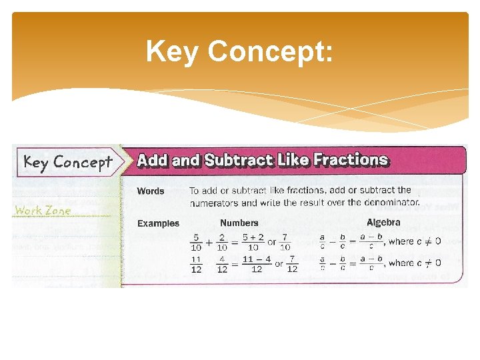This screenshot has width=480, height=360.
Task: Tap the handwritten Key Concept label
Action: [x=68, y=162]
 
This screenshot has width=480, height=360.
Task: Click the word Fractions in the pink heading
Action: [x=351, y=160]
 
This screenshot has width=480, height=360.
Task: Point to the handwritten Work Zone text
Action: [x=43, y=210]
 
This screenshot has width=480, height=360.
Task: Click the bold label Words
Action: [x=151, y=191]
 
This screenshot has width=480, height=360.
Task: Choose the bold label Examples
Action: [x=158, y=223]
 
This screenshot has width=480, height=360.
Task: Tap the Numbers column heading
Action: [x=239, y=223]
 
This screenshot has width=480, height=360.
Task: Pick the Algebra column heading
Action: [x=383, y=223]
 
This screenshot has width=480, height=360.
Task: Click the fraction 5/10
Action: [x=196, y=241]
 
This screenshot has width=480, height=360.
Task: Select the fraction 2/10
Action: [x=222, y=241]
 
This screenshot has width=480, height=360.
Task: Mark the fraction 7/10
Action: [x=285, y=241]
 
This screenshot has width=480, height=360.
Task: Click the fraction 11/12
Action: [x=196, y=265]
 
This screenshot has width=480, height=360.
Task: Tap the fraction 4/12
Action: [x=222, y=265]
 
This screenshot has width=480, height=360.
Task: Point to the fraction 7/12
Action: [x=291, y=265]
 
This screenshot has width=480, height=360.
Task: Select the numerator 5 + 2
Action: [x=253, y=236]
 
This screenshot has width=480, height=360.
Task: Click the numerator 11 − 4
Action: [x=257, y=259]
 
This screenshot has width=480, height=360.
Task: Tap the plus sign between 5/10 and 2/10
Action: [x=209, y=242]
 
